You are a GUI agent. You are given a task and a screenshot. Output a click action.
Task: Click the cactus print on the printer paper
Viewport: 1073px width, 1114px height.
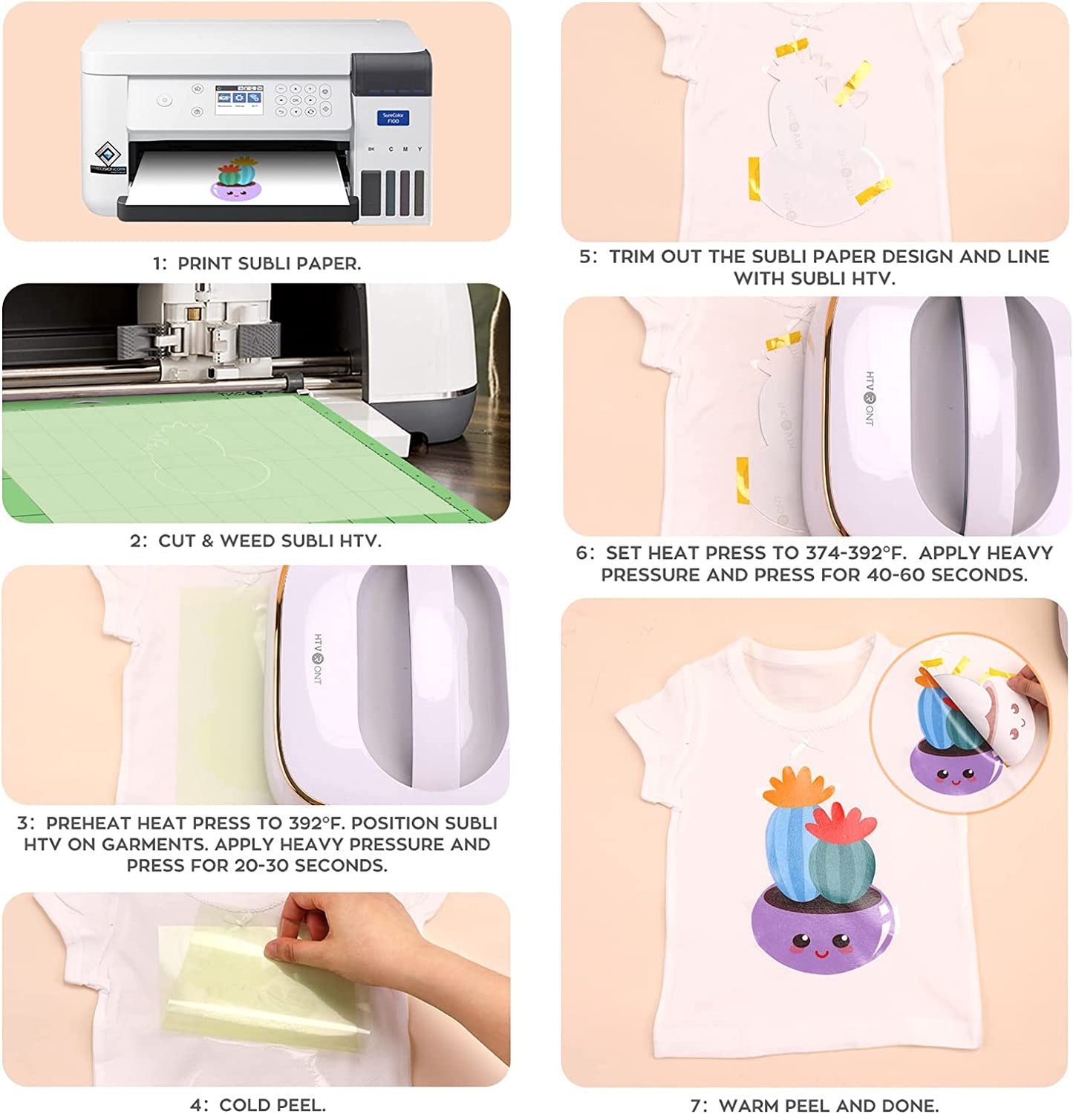click(239, 179)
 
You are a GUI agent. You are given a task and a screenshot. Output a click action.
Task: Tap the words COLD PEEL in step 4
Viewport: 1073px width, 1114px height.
click(273, 1104)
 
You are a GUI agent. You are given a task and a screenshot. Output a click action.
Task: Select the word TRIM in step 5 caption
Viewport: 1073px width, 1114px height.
click(633, 256)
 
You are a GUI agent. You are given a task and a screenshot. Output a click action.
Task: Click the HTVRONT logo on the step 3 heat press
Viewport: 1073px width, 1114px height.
click(318, 658)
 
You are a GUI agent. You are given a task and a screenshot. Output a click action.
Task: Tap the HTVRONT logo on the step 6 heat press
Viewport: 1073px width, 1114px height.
click(870, 398)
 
